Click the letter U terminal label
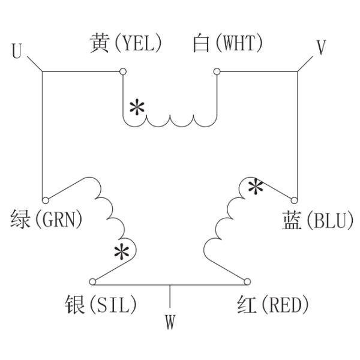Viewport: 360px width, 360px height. click(17, 51)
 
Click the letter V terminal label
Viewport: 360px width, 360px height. click(321, 47)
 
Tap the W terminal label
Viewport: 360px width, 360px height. click(170, 322)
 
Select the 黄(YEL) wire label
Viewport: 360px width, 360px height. click(125, 43)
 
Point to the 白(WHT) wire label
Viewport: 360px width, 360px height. click(227, 43)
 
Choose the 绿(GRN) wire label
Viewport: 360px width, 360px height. click(46, 219)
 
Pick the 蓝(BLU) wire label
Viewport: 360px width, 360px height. click(318, 220)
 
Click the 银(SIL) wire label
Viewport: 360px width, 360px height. click(101, 304)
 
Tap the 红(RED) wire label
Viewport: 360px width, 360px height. click(273, 304)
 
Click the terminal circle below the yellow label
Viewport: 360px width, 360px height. click(123, 71)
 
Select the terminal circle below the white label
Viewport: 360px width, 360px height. click(217, 71)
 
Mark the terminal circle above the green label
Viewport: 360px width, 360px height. click(46, 200)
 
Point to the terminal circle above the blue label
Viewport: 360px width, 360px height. click(294, 200)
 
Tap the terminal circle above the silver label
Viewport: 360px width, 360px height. click(92, 282)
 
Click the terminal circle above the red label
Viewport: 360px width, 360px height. click(247, 282)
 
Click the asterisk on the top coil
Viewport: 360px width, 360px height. click(137, 107)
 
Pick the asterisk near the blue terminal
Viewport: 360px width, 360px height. click(256, 187)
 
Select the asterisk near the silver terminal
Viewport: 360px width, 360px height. click(121, 252)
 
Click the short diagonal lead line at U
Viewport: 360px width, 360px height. click(35, 64)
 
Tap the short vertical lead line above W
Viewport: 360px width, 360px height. click(170, 296)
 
